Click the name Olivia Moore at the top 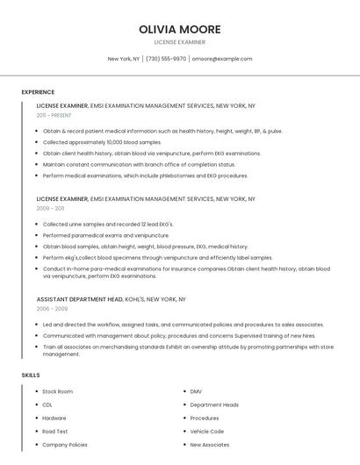point(179,29)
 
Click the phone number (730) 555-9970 point(166,59)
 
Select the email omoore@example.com point(222,59)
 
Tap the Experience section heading point(38,92)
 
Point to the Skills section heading point(31,376)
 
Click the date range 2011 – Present point(54,115)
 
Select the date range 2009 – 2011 point(50,209)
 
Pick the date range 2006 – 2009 point(52,309)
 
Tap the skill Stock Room point(58,391)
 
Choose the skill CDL point(47,404)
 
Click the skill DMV point(196,391)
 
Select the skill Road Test point(55,432)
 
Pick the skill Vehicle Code point(207,432)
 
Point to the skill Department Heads point(214,404)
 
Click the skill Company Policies point(65,445)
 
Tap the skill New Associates point(210,445)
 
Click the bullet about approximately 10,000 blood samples point(102,142)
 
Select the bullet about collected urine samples point(108,224)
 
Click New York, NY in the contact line point(124,59)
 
